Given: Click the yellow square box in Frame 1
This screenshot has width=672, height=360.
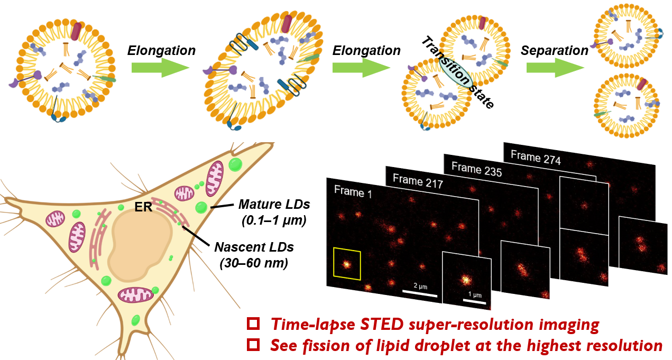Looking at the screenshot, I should (x=347, y=264).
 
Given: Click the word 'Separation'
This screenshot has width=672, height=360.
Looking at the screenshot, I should (x=554, y=51).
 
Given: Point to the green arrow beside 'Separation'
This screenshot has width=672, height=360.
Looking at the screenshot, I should (x=555, y=68).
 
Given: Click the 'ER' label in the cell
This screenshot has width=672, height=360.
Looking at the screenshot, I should (x=143, y=208).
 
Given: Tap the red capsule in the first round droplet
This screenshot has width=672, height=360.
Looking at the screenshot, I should (x=78, y=32).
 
